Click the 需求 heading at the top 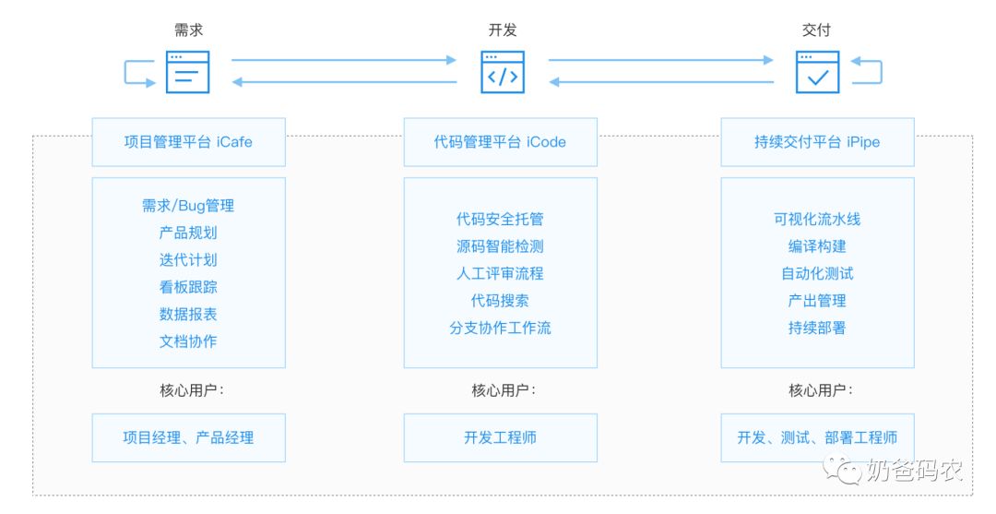[x=188, y=30]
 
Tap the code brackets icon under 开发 [x=502, y=72]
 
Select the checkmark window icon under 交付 [x=817, y=72]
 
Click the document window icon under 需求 [x=188, y=72]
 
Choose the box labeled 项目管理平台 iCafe [x=188, y=142]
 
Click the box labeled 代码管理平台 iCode [x=500, y=142]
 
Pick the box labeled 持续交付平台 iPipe [x=817, y=142]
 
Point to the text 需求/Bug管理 [x=188, y=206]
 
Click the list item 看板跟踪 [x=188, y=287]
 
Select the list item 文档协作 [x=188, y=341]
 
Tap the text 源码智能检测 [x=500, y=246]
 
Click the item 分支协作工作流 [x=500, y=328]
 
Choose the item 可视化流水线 [x=817, y=220]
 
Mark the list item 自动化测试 [x=817, y=273]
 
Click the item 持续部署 [x=817, y=328]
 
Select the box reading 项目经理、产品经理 [x=188, y=437]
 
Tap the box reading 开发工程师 [x=500, y=437]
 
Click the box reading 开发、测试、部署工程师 [x=817, y=437]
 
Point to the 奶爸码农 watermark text [x=914, y=472]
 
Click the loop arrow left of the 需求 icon [x=139, y=73]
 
